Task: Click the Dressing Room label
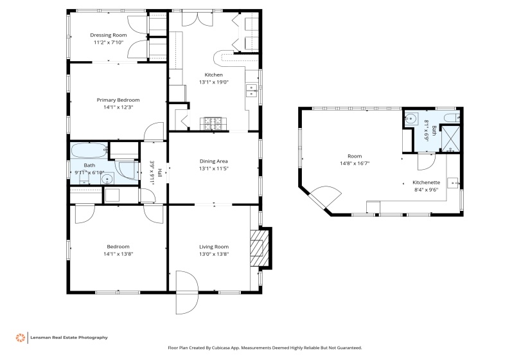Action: tap(109, 35)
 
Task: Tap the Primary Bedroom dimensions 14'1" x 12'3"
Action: tap(118, 107)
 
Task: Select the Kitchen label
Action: tap(214, 75)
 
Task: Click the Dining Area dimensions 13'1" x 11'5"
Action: tap(214, 168)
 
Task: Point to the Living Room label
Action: tap(214, 247)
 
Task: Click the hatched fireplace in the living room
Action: tap(260, 248)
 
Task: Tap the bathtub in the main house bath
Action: tap(89, 150)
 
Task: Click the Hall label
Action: tap(160, 172)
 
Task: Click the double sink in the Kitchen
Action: tap(251, 91)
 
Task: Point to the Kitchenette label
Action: tap(426, 183)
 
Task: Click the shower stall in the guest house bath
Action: tap(450, 139)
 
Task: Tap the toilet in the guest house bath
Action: tap(452, 118)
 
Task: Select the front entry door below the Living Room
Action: tap(186, 292)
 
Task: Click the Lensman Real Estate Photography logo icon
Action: tap(21, 337)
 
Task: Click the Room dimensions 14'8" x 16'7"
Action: tap(355, 163)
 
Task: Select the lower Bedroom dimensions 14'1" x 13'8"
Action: tap(118, 254)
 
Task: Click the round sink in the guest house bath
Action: tap(411, 118)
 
